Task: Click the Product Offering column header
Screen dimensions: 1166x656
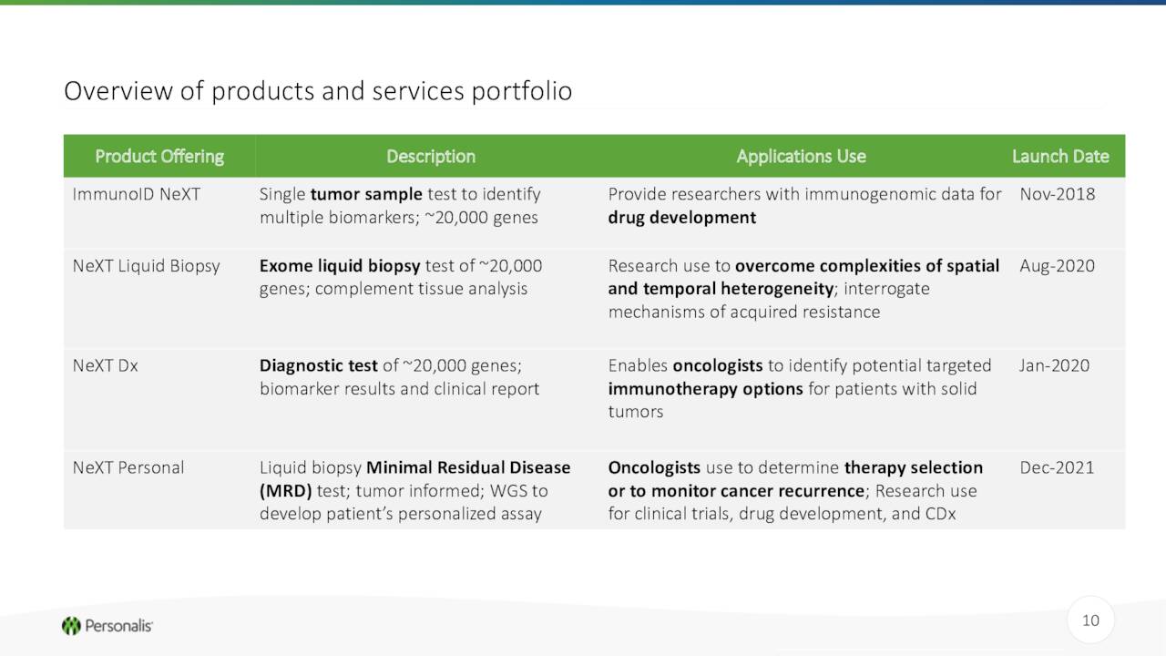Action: coord(159,156)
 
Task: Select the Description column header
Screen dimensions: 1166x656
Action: coord(431,156)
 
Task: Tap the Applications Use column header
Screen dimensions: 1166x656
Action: coord(801,156)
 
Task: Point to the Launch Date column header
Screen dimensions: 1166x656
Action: coord(1060,156)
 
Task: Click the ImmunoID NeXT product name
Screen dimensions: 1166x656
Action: coord(137,194)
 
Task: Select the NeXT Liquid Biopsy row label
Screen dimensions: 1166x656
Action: coord(147,266)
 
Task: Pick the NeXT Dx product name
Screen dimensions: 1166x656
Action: coord(105,365)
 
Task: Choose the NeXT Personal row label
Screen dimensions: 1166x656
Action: coord(128,467)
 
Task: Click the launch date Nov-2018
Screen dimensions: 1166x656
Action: coord(1058,194)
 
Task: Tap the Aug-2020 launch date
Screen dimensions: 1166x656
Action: coord(1057,266)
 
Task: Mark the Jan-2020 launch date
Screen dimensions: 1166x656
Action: coord(1054,365)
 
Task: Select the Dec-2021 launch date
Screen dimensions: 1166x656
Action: coord(1057,467)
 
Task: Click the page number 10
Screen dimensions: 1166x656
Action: coord(1090,620)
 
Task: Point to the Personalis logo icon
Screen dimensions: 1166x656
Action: coord(71,626)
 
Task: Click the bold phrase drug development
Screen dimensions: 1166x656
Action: coord(682,218)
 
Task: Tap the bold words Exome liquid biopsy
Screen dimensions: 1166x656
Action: coord(340,266)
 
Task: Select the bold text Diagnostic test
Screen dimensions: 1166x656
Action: coord(319,365)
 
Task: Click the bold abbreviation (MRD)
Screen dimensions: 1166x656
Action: coord(285,491)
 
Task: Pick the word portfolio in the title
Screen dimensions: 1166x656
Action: coord(522,92)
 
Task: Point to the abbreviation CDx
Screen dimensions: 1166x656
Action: coord(940,514)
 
